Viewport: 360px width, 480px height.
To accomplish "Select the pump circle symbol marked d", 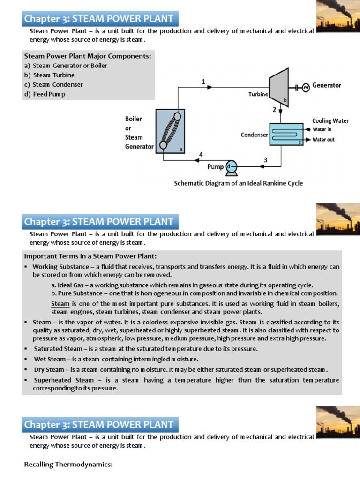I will coord(231,166).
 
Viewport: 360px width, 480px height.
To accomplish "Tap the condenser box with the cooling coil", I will coord(286,134).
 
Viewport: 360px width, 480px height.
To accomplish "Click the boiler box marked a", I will coord(169,131).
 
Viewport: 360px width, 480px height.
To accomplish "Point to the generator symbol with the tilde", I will coord(306,87).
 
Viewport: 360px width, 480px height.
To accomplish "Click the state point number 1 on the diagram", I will coord(203,82).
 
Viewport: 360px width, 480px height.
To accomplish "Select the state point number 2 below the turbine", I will coord(275,110).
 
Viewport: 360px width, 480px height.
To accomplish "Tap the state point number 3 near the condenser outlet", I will coord(265,160).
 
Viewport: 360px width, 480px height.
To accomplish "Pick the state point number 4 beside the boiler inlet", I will coord(201,154).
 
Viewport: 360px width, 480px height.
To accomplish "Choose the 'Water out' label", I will coord(323,140).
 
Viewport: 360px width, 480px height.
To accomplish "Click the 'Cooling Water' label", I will coord(330,120).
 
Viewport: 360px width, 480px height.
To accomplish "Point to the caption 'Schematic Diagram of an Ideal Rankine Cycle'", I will coord(238,183).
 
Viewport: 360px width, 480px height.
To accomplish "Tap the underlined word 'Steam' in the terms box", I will coord(60,304).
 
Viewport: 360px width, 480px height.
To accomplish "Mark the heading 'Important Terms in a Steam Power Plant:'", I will coord(90,256).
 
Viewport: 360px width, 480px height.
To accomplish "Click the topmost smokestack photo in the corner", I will coord(338,16).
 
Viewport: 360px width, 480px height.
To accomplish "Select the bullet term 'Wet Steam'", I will coord(50,359).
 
